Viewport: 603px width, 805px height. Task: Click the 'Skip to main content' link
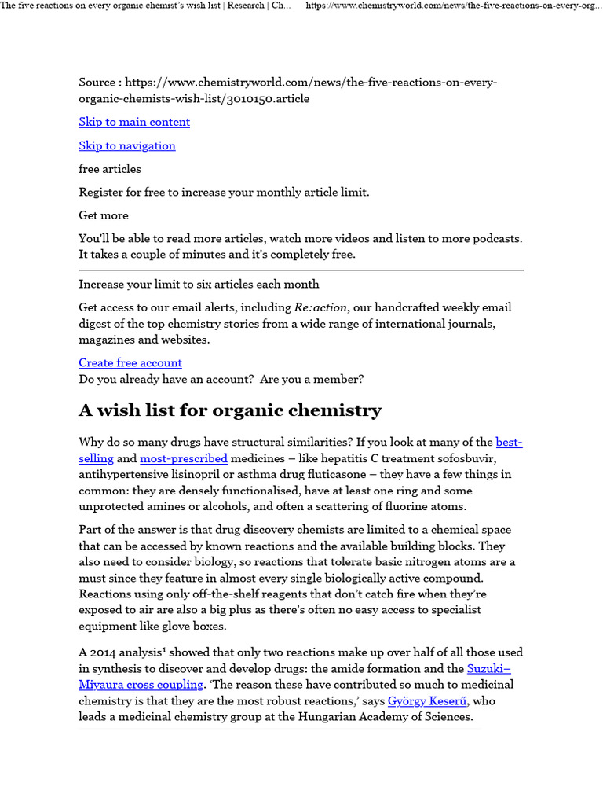pyautogui.click(x=134, y=122)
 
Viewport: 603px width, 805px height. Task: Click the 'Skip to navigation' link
pyautogui.click(x=127, y=145)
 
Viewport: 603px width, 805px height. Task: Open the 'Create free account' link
pyautogui.click(x=130, y=362)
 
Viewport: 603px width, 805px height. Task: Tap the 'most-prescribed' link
pyautogui.click(x=184, y=458)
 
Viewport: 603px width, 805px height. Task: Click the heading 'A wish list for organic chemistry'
pyautogui.click(x=230, y=410)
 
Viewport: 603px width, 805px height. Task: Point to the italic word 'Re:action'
pyautogui.click(x=320, y=307)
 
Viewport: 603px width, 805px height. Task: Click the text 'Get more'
pyautogui.click(x=104, y=215)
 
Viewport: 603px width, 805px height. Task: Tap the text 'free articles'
pyautogui.click(x=110, y=169)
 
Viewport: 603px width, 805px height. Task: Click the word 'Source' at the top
pyautogui.click(x=97, y=83)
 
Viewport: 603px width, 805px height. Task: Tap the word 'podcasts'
pyautogui.click(x=495, y=238)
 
